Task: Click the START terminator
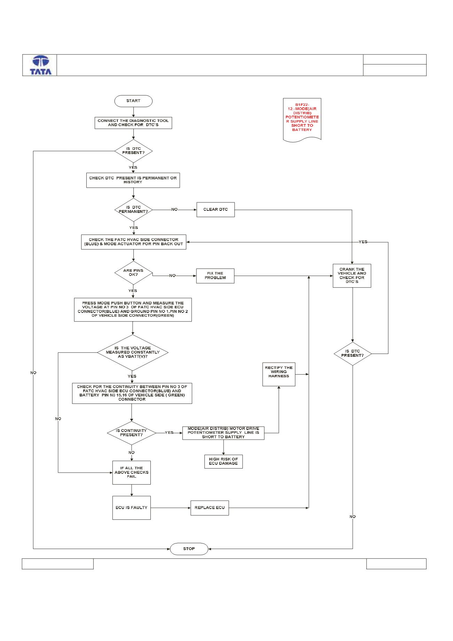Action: [x=133, y=101]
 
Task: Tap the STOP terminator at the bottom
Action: [x=189, y=549]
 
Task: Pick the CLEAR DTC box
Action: [x=216, y=210]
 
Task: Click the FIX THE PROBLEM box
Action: [x=216, y=276]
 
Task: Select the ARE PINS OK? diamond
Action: [x=133, y=273]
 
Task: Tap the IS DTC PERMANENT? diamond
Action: [x=133, y=210]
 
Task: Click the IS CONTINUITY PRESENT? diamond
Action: [x=131, y=433]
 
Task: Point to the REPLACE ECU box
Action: [x=210, y=508]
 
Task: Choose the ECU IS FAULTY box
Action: [x=132, y=508]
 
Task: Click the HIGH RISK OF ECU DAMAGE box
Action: [x=223, y=462]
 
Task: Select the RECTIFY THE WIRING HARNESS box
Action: [x=279, y=374]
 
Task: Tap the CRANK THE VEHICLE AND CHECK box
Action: [x=352, y=276]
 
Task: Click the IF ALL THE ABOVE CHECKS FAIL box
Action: [x=132, y=472]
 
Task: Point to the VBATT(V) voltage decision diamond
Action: [x=133, y=352]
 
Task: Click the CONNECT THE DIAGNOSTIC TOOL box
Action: [x=133, y=123]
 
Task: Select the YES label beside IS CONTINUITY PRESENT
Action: [x=169, y=433]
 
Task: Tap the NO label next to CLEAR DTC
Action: [x=174, y=210]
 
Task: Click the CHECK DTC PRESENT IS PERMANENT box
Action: [x=133, y=180]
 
